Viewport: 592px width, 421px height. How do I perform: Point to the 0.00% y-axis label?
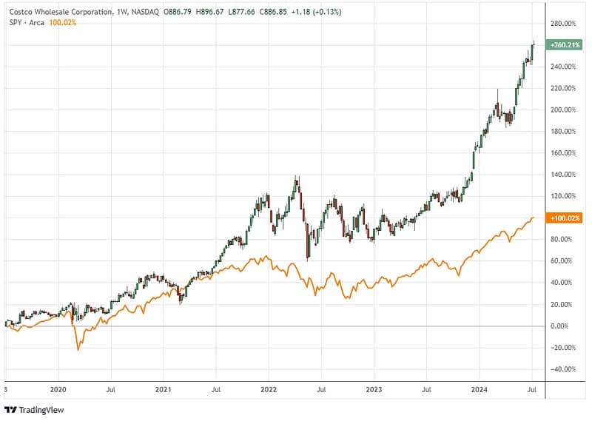560,326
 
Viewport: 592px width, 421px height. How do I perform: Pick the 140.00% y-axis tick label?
563,175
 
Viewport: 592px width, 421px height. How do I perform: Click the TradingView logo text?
41,410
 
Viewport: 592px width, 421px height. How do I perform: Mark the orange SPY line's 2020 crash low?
78,349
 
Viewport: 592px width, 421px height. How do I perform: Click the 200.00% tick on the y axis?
563,110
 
